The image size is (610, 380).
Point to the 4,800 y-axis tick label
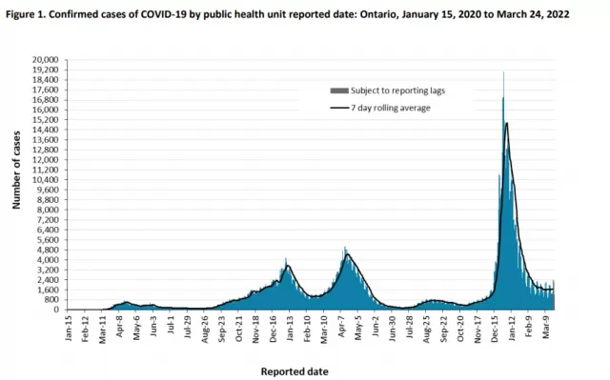coord(50,250)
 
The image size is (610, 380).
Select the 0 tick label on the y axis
coord(56,310)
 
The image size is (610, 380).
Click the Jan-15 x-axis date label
coord(69,329)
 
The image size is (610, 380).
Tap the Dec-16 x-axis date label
coord(274,329)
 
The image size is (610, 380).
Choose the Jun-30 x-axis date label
coord(393,329)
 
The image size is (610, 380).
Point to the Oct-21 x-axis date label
coord(239,329)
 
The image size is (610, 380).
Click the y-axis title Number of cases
coord(16,170)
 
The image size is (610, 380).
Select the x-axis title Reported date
coord(295,371)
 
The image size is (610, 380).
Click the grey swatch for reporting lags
coord(339,90)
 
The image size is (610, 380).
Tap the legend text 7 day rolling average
coord(391,108)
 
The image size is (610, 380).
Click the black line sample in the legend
coord(339,108)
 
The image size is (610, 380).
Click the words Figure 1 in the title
coord(26,15)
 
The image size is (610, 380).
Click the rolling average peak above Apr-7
coord(347,254)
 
